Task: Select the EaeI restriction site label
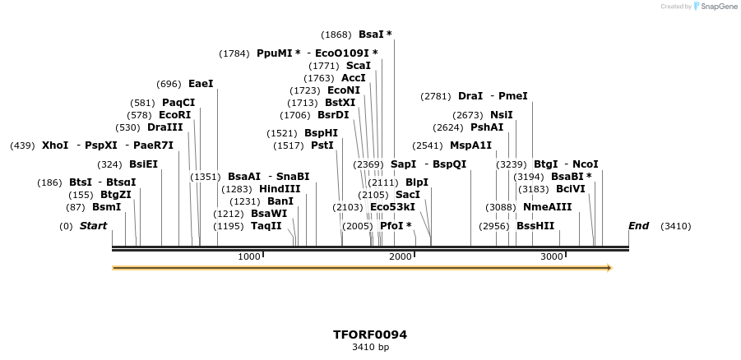[x=201, y=84]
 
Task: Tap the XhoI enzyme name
[x=55, y=145]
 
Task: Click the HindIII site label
[x=280, y=189]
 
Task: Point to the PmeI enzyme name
[x=513, y=96]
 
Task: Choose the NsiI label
[x=501, y=115]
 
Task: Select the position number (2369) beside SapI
[x=368, y=164]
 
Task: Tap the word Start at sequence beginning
[x=93, y=226]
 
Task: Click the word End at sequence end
[x=638, y=226]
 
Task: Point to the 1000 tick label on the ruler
[x=248, y=257]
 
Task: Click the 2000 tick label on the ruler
[x=401, y=257]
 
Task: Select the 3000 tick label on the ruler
[x=551, y=257]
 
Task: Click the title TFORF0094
[x=370, y=335]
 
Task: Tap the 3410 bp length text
[x=370, y=348]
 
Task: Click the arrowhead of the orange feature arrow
[x=609, y=268]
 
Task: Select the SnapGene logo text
[x=718, y=7]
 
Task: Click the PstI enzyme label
[x=322, y=145]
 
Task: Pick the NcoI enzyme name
[x=586, y=164]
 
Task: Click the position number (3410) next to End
[x=676, y=226]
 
